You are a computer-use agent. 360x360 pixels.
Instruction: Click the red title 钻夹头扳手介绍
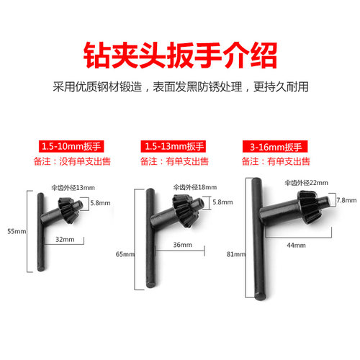tap(180, 55)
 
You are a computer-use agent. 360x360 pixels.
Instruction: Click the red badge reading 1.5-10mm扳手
tap(71, 146)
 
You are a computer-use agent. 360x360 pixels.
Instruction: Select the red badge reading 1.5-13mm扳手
tap(174, 146)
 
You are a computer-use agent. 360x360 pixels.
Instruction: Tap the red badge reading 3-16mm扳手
tap(275, 146)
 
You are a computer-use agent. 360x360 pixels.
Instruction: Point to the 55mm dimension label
tap(17, 231)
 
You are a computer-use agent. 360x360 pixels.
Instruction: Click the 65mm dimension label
tap(125, 254)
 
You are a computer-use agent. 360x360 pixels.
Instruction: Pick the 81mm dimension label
tap(236, 254)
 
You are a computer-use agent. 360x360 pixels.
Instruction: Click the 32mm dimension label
tap(65, 239)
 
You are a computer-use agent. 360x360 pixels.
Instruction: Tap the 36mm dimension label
tap(183, 245)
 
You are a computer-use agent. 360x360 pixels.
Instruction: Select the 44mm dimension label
tap(297, 245)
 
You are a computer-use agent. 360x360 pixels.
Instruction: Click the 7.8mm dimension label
tap(346, 200)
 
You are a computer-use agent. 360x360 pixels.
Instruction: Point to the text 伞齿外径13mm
tap(73, 188)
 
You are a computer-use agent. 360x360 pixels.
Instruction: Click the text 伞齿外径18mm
tap(195, 187)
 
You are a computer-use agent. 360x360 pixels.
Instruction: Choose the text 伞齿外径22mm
tap(307, 183)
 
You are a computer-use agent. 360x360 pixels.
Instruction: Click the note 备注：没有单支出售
tap(72, 161)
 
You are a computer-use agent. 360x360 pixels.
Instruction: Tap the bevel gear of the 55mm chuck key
tap(68, 210)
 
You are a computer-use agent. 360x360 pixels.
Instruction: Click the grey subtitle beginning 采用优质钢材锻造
tap(181, 87)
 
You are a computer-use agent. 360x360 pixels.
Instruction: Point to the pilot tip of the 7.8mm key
tap(325, 203)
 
